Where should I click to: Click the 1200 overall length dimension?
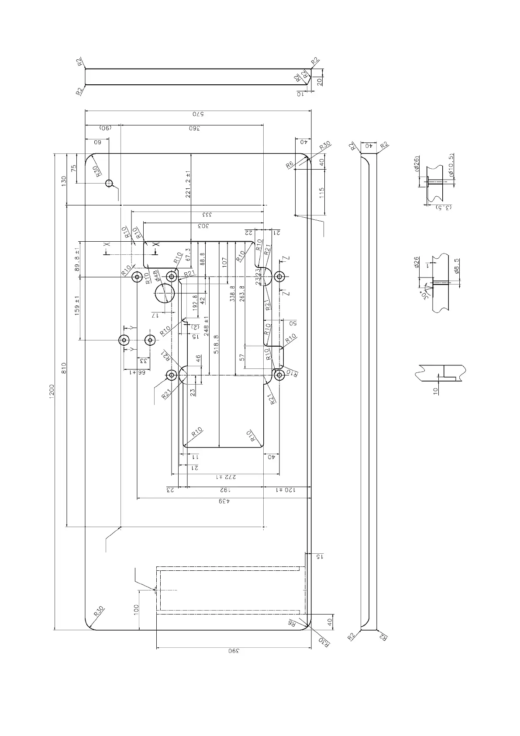pyautogui.click(x=51, y=391)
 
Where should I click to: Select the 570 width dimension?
pyautogui.click(x=198, y=115)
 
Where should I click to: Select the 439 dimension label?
pyautogui.click(x=224, y=501)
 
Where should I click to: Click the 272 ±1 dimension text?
pyautogui.click(x=225, y=477)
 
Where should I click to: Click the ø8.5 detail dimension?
pyautogui.click(x=457, y=266)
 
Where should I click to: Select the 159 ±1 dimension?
pyautogui.click(x=77, y=306)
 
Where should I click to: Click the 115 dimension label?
pyautogui.click(x=322, y=193)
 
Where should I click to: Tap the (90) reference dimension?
pyautogui.click(x=105, y=128)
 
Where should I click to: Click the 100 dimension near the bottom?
pyautogui.click(x=136, y=610)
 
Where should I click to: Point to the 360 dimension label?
pyautogui.click(x=195, y=128)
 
